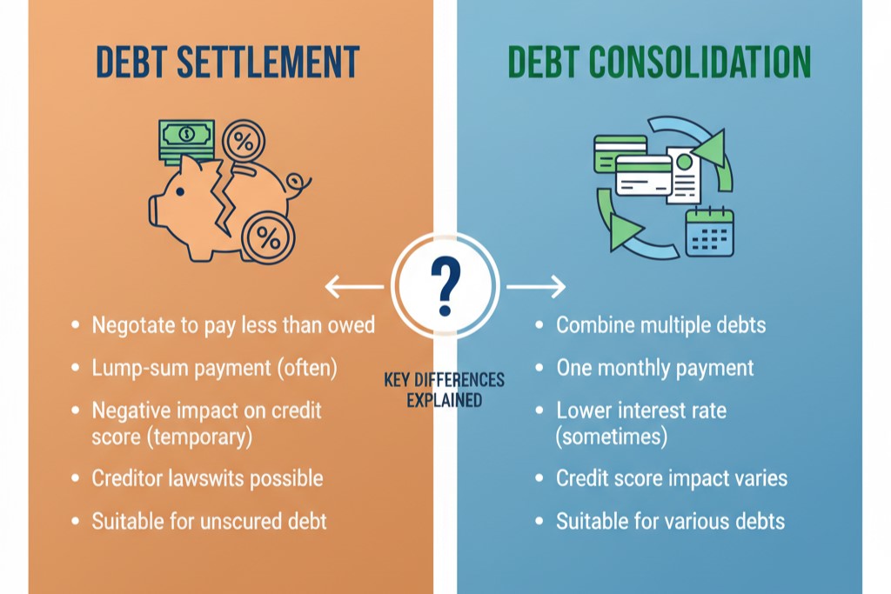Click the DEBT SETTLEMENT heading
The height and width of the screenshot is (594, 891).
[226, 63]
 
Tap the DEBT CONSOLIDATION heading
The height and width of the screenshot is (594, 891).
[659, 63]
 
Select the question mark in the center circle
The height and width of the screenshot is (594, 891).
[445, 285]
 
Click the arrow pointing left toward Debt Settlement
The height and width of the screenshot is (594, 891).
[353, 286]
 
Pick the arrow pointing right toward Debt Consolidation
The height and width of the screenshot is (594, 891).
[536, 286]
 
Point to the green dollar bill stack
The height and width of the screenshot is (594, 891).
[185, 139]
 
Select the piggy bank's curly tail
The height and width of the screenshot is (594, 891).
[299, 181]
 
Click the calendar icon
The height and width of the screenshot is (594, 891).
[709, 232]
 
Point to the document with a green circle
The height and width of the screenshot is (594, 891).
[683, 174]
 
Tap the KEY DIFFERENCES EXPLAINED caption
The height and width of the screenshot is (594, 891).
[444, 391]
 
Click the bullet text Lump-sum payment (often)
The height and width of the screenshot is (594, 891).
[214, 368]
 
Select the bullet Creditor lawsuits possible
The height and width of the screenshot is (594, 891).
[207, 478]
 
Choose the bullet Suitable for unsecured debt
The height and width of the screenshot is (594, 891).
[209, 522]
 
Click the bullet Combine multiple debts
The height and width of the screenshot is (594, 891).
[660, 325]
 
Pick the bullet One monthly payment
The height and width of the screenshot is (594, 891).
[655, 368]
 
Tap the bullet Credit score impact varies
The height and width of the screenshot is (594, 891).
[672, 478]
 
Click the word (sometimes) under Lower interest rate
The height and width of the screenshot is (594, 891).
[612, 436]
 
